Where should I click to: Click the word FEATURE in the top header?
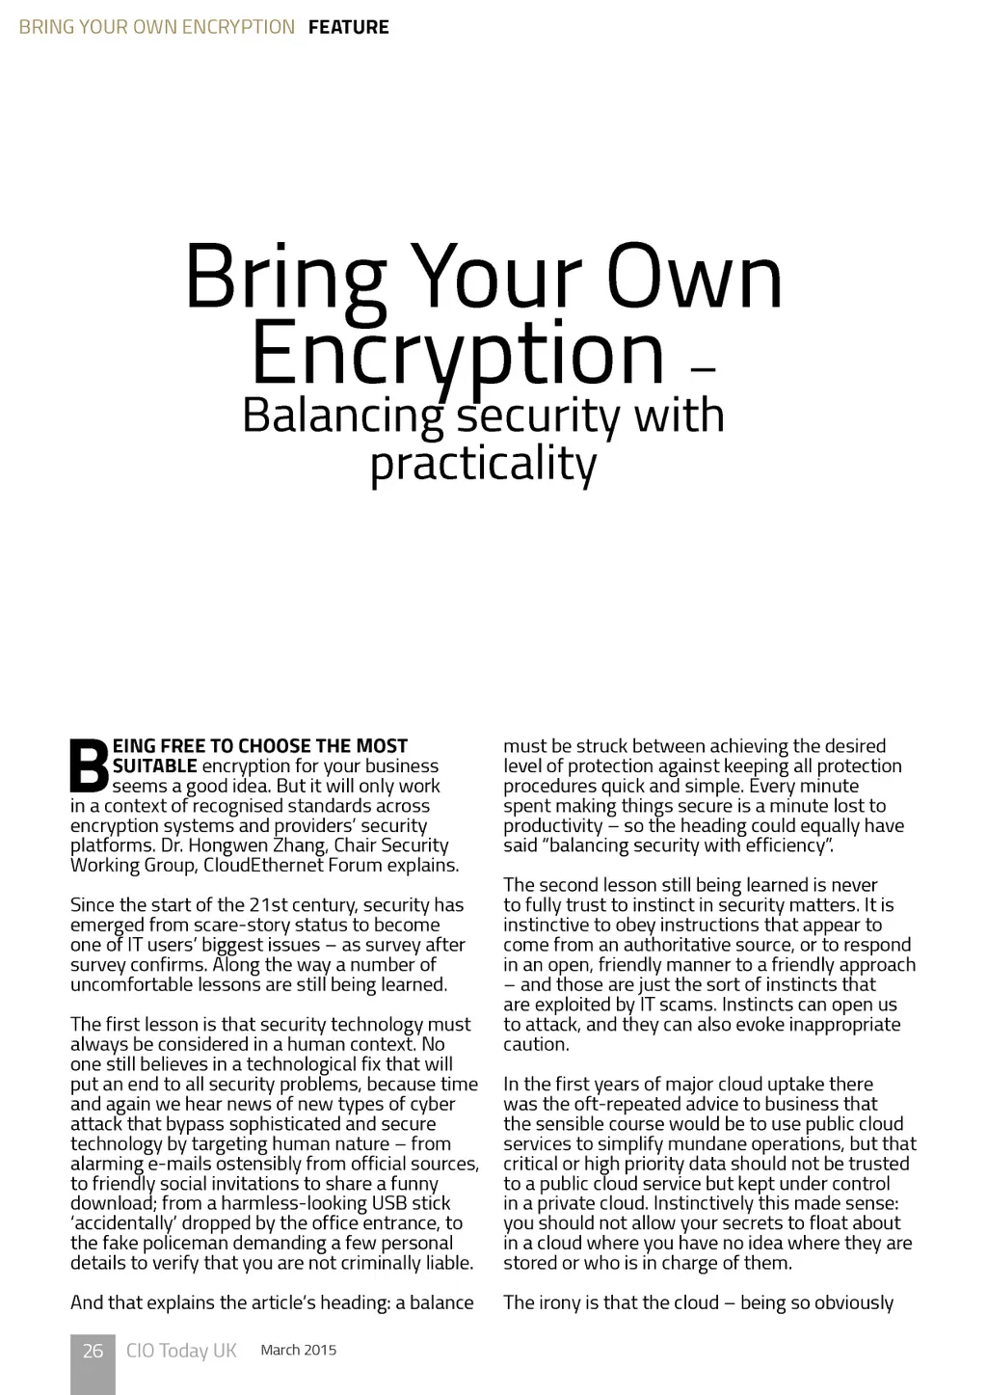(348, 27)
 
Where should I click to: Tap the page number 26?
(93, 1351)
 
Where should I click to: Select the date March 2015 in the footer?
(298, 1350)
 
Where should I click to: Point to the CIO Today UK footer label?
(181, 1351)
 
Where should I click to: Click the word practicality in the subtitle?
(483, 464)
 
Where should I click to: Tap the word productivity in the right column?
(552, 826)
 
